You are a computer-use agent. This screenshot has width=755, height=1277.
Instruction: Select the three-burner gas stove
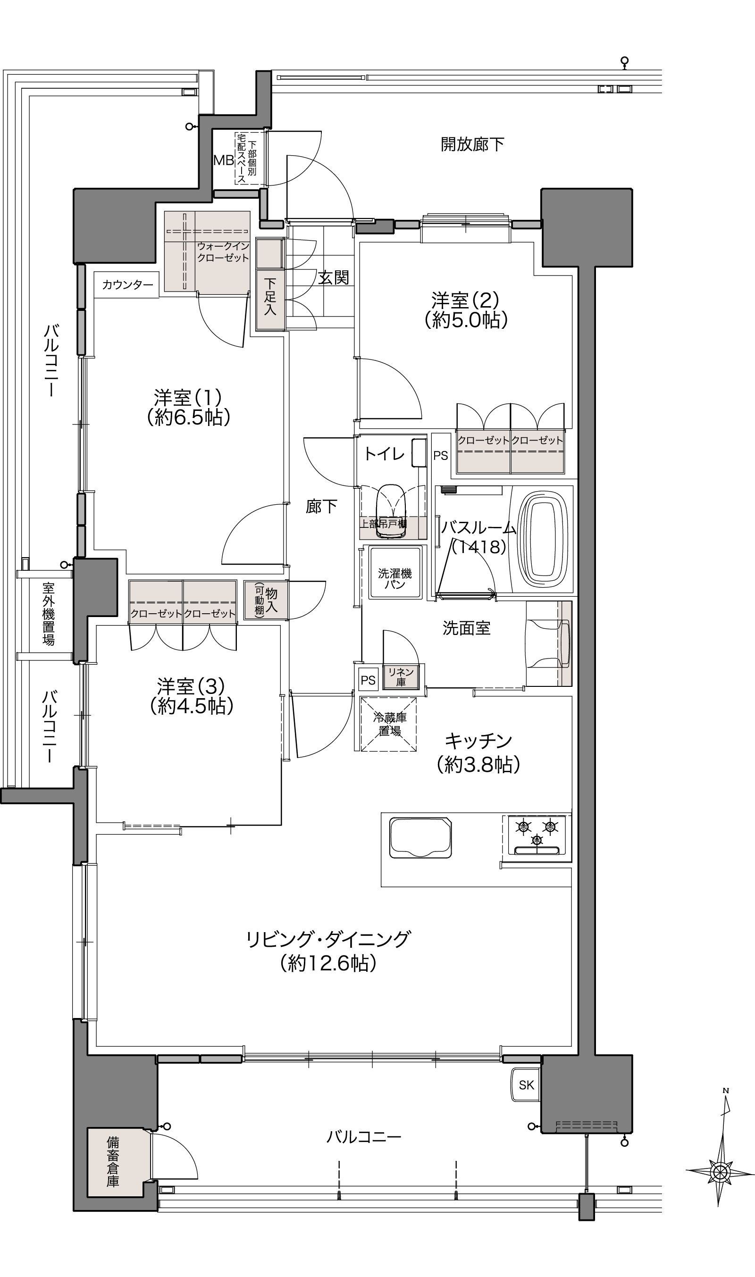[537, 835]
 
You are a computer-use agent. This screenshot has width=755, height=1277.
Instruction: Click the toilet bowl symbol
[390, 510]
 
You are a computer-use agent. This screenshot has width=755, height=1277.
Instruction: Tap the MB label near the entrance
[223, 161]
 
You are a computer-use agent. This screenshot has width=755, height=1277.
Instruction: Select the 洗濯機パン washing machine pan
[395, 572]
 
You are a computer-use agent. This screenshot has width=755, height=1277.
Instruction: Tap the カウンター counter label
[127, 285]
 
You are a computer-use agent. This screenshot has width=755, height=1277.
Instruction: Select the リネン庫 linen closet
[401, 677]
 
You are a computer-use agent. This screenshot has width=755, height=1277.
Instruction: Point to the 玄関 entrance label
[334, 278]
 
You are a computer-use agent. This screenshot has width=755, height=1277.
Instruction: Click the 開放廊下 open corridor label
[472, 144]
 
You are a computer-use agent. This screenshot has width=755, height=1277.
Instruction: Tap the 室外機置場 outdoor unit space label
[48, 614]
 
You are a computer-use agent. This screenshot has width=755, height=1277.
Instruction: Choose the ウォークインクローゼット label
[223, 252]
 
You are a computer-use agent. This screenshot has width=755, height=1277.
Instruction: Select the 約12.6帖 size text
[328, 963]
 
